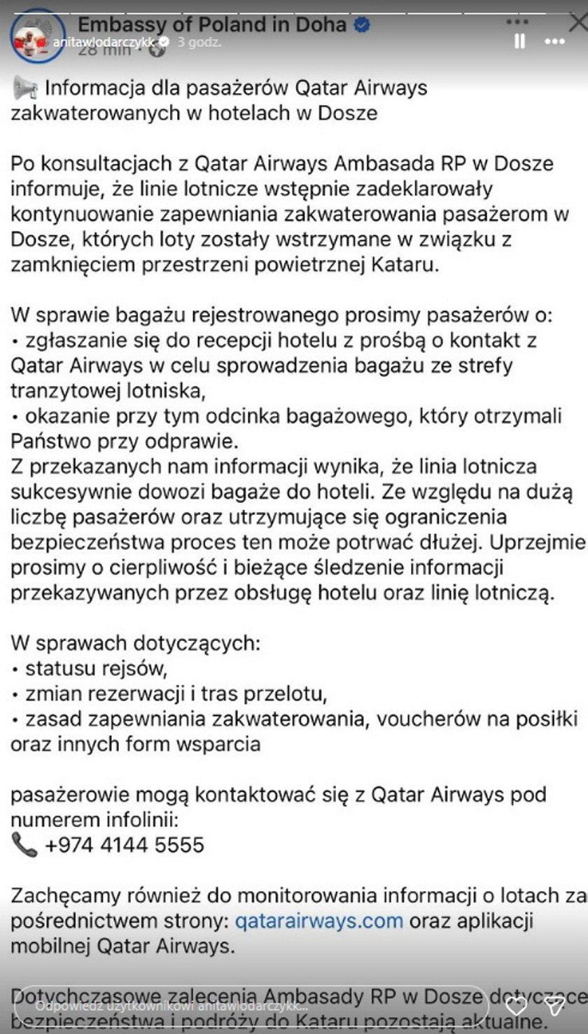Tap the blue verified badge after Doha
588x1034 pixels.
click(x=361, y=26)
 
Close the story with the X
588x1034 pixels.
click(x=578, y=23)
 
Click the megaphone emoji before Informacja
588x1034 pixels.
click(x=24, y=88)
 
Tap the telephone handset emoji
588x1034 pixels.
click(x=24, y=844)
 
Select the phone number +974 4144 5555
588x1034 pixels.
click(x=125, y=845)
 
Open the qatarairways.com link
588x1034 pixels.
click(x=319, y=920)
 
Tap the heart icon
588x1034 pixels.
click(x=517, y=1007)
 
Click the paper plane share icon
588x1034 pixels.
click(x=555, y=1007)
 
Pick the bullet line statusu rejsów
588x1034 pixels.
click(x=96, y=669)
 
